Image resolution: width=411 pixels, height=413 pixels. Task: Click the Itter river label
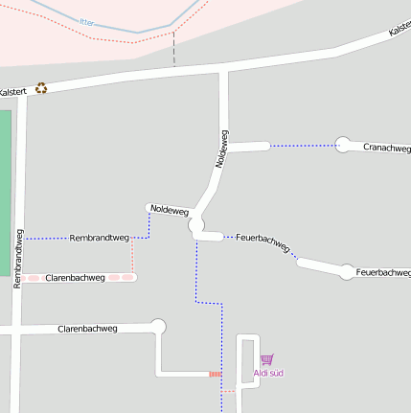point(88,21)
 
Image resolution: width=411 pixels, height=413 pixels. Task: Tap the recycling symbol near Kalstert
point(41,88)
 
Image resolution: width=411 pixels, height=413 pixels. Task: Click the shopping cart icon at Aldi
point(266,359)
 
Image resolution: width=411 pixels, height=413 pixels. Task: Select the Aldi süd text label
point(268,373)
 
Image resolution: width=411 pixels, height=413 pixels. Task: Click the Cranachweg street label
point(387,149)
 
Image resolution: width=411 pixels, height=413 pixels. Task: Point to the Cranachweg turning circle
point(343,145)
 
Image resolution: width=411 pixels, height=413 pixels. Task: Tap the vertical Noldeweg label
point(221,149)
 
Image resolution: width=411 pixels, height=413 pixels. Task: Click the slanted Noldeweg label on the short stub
point(169,210)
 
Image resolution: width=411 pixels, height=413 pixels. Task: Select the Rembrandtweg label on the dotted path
point(100,237)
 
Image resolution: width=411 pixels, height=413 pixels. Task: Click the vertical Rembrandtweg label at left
point(18,258)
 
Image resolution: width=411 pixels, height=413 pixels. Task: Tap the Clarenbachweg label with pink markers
point(75,278)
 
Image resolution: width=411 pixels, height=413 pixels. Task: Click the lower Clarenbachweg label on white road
point(87,328)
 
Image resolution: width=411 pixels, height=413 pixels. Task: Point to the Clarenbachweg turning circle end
point(159,327)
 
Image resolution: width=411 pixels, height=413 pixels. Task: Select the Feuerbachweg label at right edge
point(383,273)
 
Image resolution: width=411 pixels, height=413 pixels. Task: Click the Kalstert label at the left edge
point(12,92)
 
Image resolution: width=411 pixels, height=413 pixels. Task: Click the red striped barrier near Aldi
point(216,374)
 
